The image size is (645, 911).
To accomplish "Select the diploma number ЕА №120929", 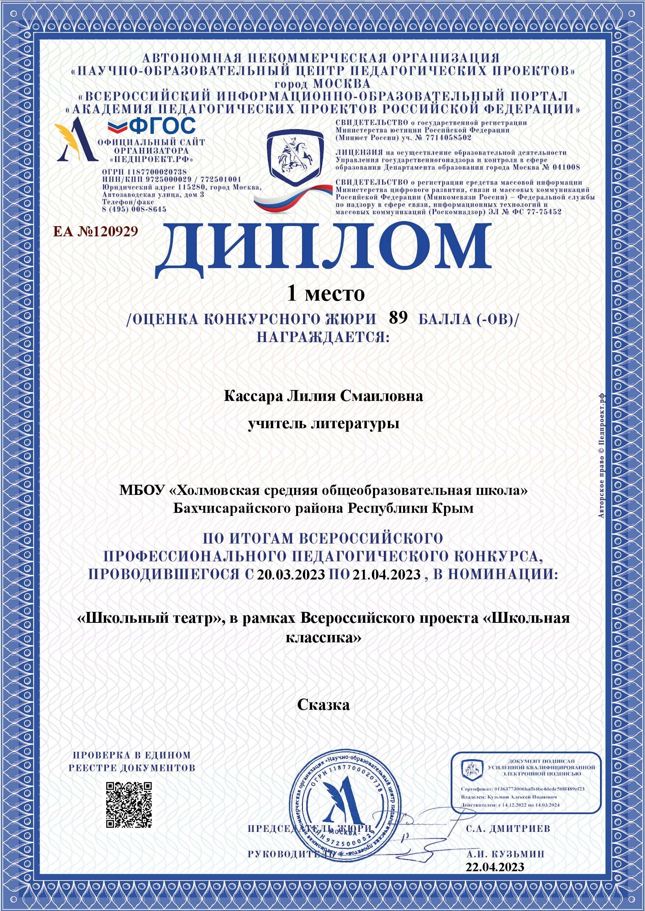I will (x=96, y=231).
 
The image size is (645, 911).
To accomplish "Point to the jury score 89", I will (x=398, y=317).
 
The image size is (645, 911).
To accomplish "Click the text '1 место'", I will (x=326, y=294).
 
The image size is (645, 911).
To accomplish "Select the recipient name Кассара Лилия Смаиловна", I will (x=323, y=396).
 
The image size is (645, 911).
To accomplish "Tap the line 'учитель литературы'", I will (x=323, y=424).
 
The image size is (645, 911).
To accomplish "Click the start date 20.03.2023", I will (x=291, y=574).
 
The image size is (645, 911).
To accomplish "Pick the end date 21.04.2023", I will (x=386, y=574).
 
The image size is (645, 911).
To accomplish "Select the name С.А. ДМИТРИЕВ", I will (x=508, y=828).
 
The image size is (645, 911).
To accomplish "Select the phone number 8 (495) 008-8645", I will (x=134, y=209).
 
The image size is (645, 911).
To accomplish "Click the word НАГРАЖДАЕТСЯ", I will (x=323, y=337).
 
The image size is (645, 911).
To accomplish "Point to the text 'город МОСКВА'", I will (x=322, y=84).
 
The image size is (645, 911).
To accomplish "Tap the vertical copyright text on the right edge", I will (x=601, y=454).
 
